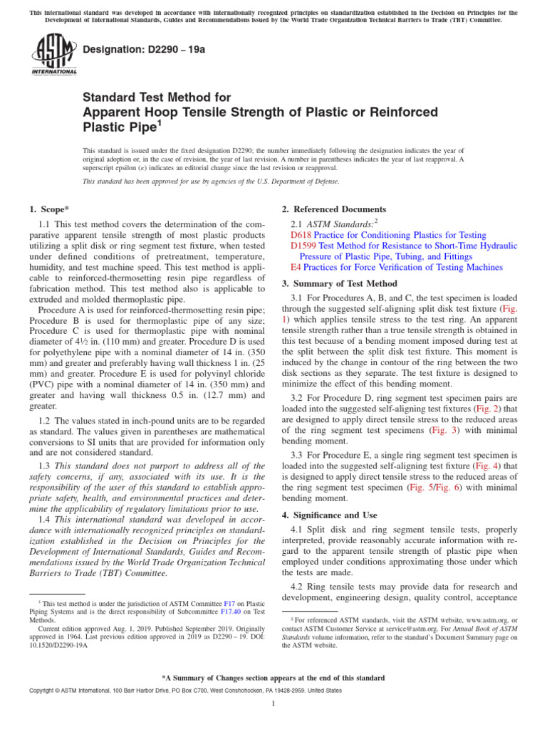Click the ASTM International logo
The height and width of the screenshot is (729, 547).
pyautogui.click(x=54, y=56)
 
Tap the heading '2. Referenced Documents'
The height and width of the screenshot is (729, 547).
pyautogui.click(x=334, y=209)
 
